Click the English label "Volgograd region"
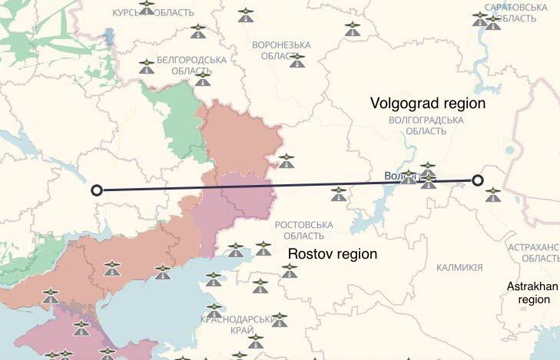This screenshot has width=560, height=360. (x=428, y=102)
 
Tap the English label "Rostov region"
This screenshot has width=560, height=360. (x=332, y=253)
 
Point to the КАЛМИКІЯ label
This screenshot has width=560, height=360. (x=459, y=267)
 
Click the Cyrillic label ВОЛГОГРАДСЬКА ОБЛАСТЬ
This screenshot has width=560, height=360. (x=426, y=126)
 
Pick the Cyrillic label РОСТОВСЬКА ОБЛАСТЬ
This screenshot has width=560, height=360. (x=303, y=230)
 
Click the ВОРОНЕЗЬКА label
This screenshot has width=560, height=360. (x=281, y=45)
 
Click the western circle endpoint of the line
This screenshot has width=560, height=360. (x=96, y=190)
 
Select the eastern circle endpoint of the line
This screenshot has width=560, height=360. (x=478, y=180)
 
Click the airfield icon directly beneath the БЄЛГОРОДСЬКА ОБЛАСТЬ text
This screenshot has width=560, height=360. (x=203, y=78)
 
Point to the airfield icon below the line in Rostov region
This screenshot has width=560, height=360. (x=337, y=193)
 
